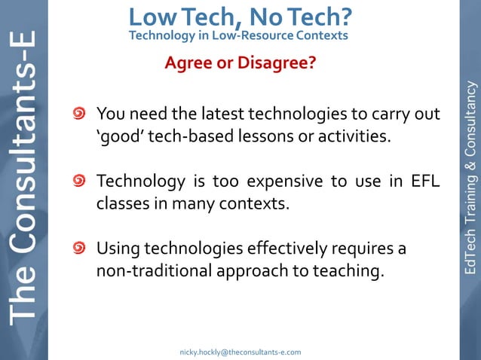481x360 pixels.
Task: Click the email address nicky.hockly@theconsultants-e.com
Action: [x=240, y=352]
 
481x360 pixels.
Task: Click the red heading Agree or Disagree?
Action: [x=240, y=63]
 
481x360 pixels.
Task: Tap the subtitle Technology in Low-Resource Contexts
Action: [x=238, y=35]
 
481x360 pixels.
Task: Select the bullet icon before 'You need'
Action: [x=79, y=115]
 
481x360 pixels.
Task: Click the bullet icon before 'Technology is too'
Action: [x=79, y=182]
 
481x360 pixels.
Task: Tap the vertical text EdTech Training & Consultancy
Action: [x=470, y=177]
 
